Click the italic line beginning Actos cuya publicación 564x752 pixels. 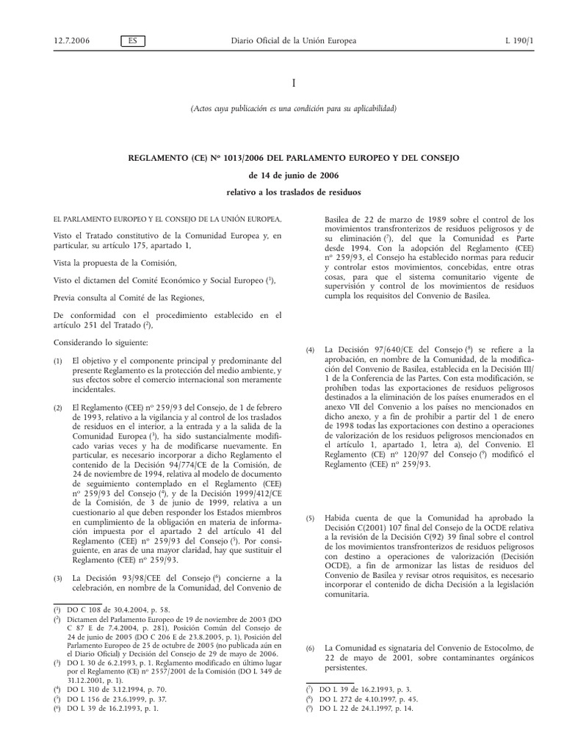pos(293,109)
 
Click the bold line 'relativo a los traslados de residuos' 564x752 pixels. pos(293,194)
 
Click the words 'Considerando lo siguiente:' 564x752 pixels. pos(100,343)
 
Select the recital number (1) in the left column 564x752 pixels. pos(59,361)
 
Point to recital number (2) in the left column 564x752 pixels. pos(59,407)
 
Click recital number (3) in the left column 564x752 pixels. pos(59,579)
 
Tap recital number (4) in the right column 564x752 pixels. pos(311,350)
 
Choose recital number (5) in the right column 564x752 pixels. pos(311,518)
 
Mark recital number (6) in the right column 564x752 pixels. pos(311,648)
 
